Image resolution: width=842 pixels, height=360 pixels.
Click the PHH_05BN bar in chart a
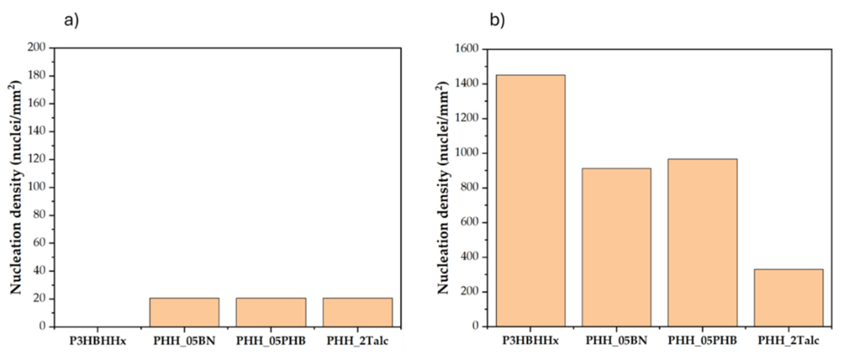coord(184,312)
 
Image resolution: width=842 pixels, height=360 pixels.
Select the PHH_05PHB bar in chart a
coord(271,312)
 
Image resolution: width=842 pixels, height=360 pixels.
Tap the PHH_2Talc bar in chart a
coord(357,312)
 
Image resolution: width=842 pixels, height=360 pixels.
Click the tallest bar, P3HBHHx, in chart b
coord(531,201)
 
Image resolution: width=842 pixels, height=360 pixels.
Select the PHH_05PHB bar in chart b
coord(702,242)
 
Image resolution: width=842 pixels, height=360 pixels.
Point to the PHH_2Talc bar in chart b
coord(788,298)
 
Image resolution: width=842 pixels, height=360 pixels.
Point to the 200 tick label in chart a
coord(36,48)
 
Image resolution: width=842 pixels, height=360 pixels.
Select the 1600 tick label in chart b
coord(466,49)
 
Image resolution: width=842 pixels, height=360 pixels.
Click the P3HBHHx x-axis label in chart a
coord(98,341)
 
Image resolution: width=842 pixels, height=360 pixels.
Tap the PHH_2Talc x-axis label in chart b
coord(788,340)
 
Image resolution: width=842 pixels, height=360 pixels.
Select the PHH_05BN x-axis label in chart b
coord(616,340)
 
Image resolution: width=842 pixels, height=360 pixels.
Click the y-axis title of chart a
coord(16,188)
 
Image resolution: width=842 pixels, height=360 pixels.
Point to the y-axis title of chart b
coord(443,188)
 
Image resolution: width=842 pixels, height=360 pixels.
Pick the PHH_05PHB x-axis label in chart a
coord(271,341)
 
